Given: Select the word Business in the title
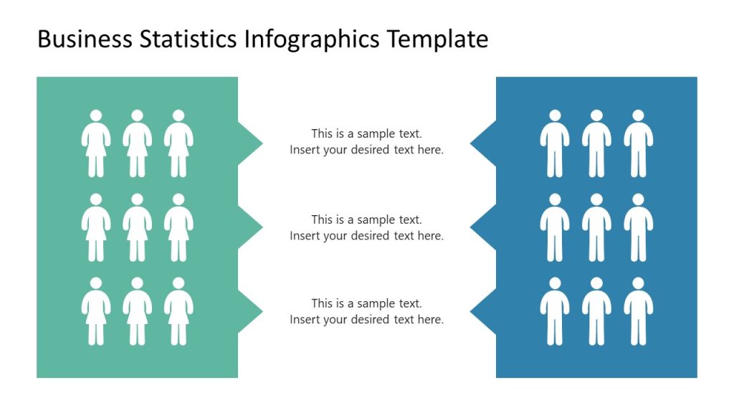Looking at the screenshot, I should pos(85,39).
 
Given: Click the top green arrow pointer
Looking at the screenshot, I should pos(249,144).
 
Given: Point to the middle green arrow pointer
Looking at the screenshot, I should pos(249,227).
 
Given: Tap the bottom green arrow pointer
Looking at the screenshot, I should pos(249,310).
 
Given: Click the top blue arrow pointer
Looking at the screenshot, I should pos(484,144).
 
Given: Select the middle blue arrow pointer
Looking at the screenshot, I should pos(484,227).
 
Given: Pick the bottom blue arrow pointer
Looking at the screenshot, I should pos(484,310).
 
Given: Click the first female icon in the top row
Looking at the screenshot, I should pos(95,143).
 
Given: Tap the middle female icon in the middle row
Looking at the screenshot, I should pos(137,227).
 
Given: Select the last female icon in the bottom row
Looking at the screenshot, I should pos(178,311).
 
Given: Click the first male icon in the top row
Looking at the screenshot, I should pos(554,143).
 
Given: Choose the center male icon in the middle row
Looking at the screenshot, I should pos(596,227).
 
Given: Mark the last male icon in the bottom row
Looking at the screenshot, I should pos(638,311).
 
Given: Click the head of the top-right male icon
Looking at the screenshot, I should pos(638,115).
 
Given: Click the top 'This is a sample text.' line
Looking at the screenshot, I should pos(366,133).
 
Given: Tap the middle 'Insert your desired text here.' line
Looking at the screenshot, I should pos(366,236).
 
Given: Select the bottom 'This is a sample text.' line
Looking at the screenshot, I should pos(366,303).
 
